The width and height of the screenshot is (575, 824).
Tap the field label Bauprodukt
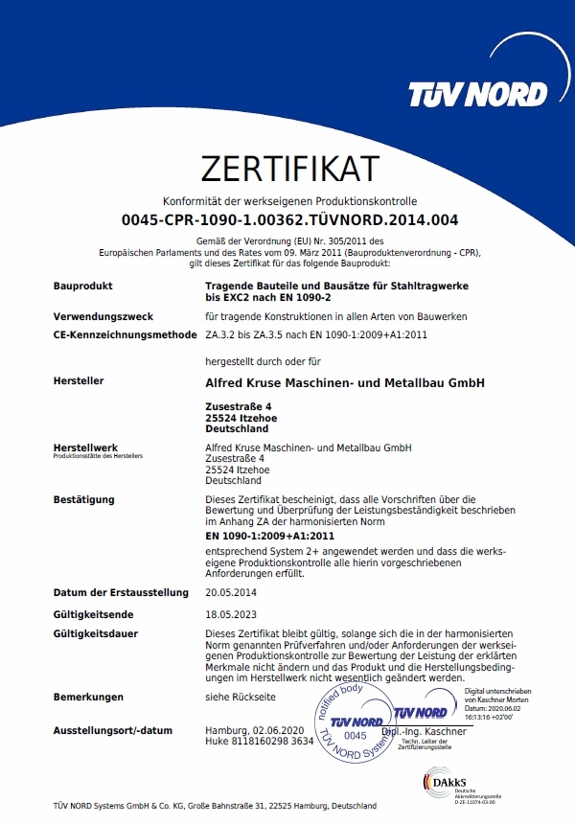(83, 286)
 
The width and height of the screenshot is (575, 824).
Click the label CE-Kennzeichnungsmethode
(126, 334)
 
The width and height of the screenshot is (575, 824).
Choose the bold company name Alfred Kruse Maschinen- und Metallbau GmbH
(346, 382)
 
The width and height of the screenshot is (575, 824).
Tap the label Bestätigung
(84, 499)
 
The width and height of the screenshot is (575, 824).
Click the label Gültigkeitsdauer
(97, 634)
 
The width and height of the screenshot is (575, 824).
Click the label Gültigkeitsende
(94, 614)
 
